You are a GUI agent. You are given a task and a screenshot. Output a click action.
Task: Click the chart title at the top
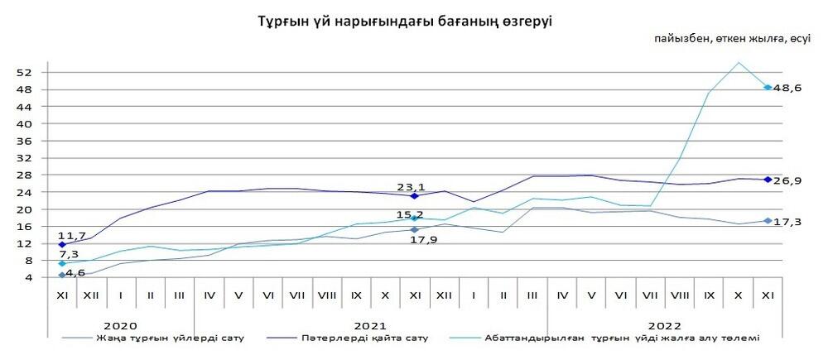[x=405, y=21]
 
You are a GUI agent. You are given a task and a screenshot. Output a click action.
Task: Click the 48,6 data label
[x=788, y=88]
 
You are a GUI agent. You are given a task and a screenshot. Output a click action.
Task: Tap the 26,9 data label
[x=788, y=180]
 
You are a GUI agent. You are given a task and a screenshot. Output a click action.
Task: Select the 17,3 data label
[x=788, y=221]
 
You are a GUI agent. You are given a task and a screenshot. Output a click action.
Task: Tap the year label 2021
[x=369, y=326]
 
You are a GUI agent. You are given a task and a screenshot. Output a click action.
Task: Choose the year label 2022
[x=665, y=326]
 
